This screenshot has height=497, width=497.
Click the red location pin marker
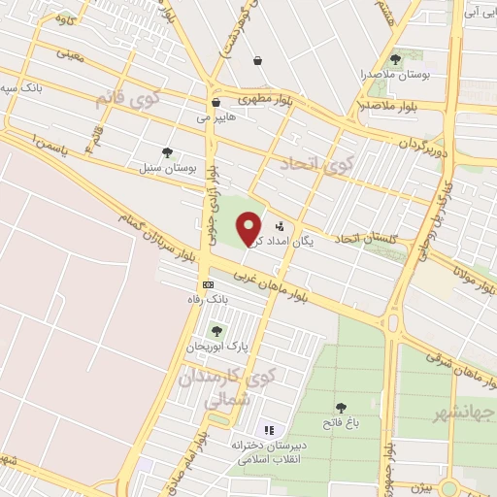tap(249, 229)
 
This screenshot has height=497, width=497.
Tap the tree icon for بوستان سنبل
tap(168, 152)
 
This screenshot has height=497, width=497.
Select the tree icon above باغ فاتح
tap(341, 408)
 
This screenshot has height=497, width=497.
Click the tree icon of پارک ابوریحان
tap(216, 331)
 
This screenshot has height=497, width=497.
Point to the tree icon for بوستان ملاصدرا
tap(394, 58)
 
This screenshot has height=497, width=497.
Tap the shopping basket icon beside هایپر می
tap(215, 102)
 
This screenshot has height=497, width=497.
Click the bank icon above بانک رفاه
tap(208, 283)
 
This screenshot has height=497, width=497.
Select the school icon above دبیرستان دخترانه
tap(269, 429)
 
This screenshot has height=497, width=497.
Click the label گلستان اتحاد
tap(368, 237)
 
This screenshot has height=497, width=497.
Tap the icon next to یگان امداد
tap(281, 226)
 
